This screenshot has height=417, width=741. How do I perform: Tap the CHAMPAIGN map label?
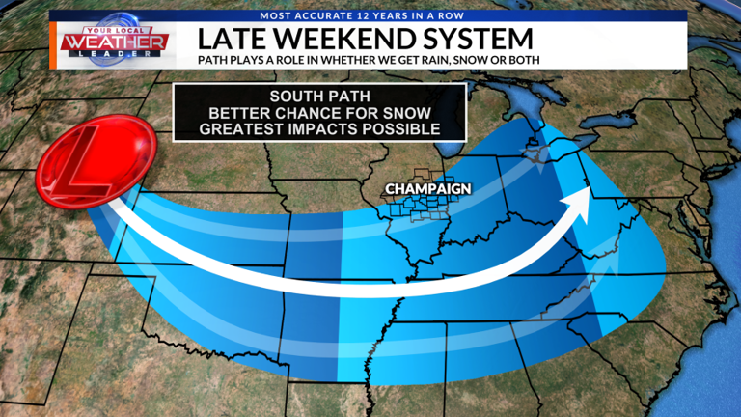[x=427, y=188]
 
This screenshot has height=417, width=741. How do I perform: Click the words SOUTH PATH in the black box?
[x=319, y=97]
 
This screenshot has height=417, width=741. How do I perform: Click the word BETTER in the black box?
[x=264, y=113]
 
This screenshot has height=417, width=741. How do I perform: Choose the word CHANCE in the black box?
[x=333, y=113]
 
